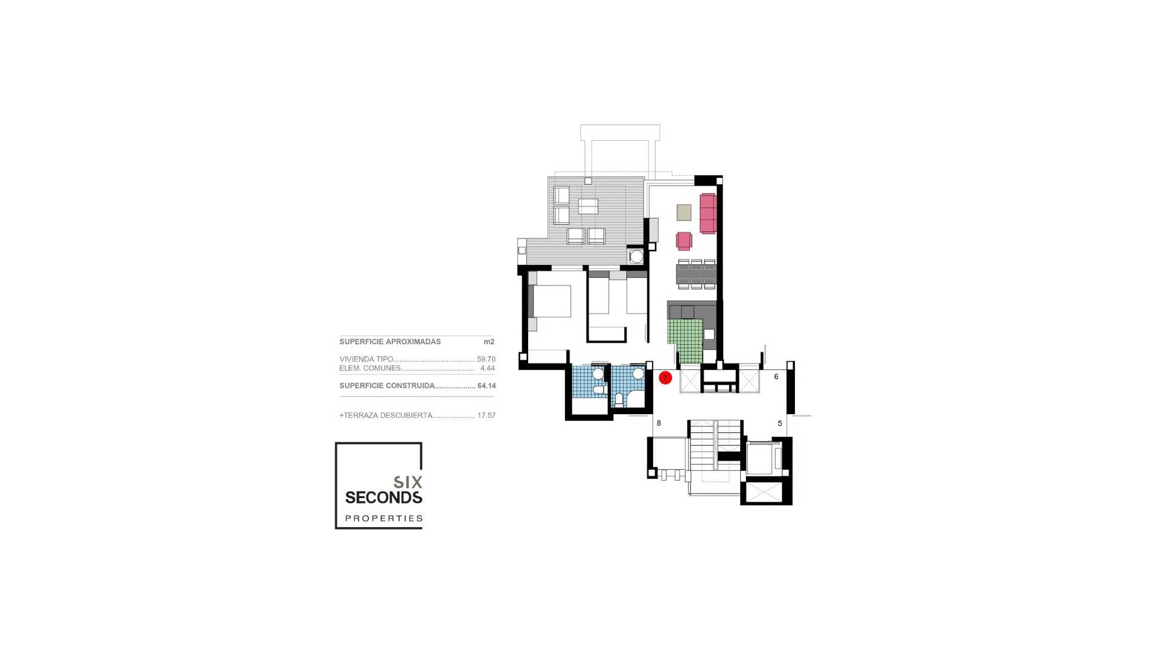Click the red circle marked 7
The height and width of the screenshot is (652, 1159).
665,378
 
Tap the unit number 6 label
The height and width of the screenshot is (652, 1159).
776,377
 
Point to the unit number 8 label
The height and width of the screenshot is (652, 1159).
659,423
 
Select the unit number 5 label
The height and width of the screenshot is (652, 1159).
780,423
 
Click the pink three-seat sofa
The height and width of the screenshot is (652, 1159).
708,213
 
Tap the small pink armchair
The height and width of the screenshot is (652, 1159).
684,241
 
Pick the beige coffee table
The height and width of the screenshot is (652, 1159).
684,213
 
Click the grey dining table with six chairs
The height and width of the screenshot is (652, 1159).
697,275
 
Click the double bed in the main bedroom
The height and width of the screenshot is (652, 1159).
551,301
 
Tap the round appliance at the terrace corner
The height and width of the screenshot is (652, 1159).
636,257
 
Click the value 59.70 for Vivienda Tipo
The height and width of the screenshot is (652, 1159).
486,359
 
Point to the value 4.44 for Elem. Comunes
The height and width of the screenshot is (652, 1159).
487,368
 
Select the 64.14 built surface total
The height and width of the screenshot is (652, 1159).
487,386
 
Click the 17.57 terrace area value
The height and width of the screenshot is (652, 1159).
486,415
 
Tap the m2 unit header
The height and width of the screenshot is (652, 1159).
489,342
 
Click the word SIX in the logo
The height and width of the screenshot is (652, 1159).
408,482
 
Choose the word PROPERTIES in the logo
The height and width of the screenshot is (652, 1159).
384,518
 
